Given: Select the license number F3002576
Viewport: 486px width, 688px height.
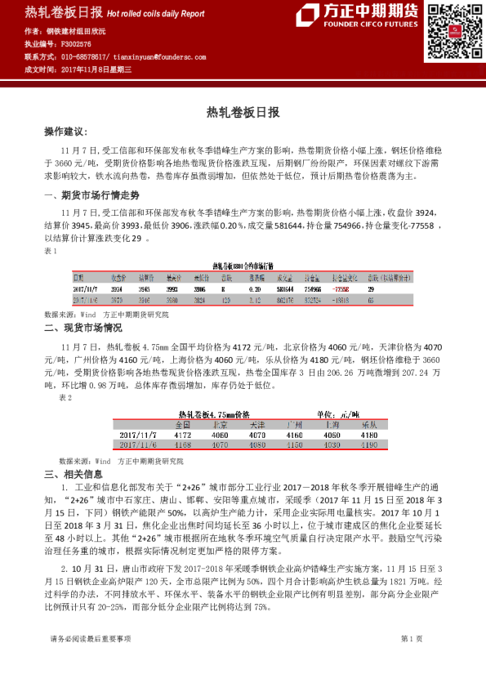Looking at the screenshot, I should (x=78, y=42).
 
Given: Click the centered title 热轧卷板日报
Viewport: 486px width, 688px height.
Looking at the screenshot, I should (x=243, y=111).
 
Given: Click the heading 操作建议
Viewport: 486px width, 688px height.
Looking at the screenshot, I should (x=65, y=132).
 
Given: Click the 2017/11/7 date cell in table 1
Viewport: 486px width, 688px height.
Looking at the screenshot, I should (x=85, y=288).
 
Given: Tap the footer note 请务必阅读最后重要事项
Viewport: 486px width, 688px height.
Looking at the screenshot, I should (x=90, y=659).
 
